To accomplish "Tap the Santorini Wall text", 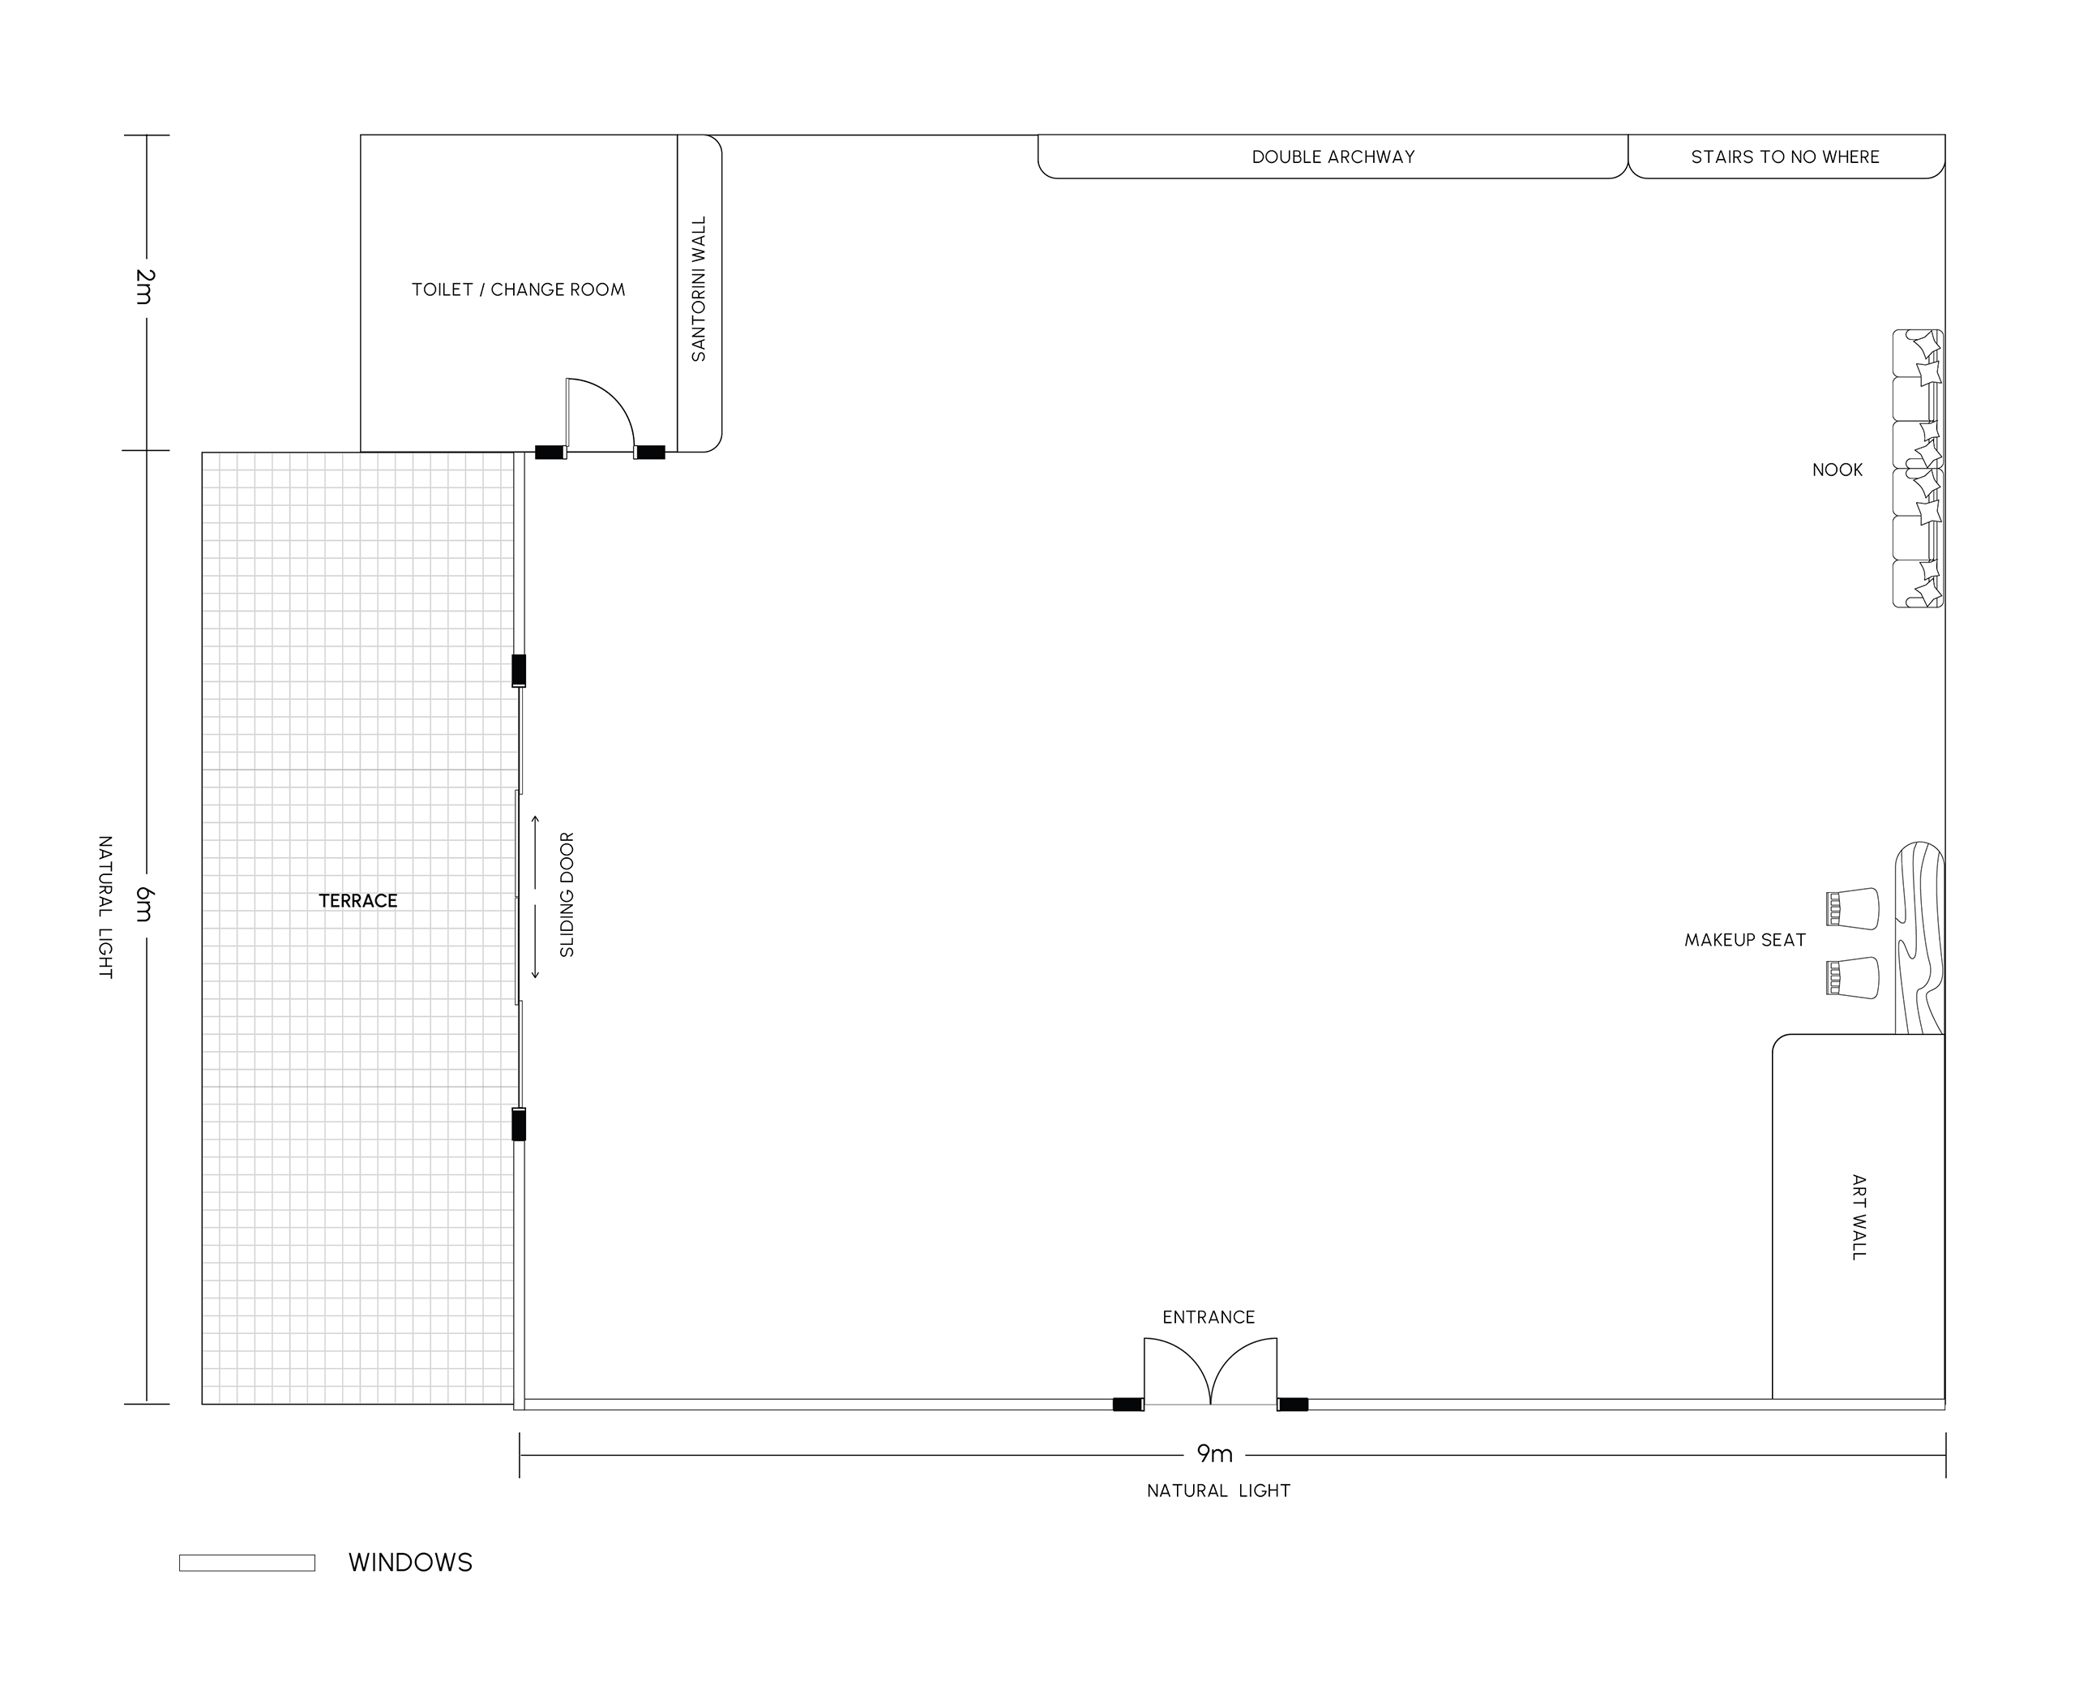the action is (x=699, y=289).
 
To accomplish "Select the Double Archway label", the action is (x=1333, y=157).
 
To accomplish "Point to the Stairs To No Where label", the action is (x=1786, y=157).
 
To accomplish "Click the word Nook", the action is (x=1838, y=470).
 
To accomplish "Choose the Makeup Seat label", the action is (x=1745, y=940).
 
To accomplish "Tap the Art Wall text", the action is (x=1859, y=1216).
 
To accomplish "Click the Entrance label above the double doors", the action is (x=1209, y=1317).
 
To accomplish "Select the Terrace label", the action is (x=358, y=900).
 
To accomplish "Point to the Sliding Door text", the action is (x=567, y=895).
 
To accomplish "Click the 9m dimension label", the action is (x=1214, y=1454).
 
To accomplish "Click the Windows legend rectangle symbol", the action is (x=246, y=1563).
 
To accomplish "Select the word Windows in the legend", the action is (x=410, y=1563).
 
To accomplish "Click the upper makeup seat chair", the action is (x=1852, y=907).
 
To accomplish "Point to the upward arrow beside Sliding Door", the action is (x=535, y=852).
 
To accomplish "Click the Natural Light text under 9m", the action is (x=1219, y=1491).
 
